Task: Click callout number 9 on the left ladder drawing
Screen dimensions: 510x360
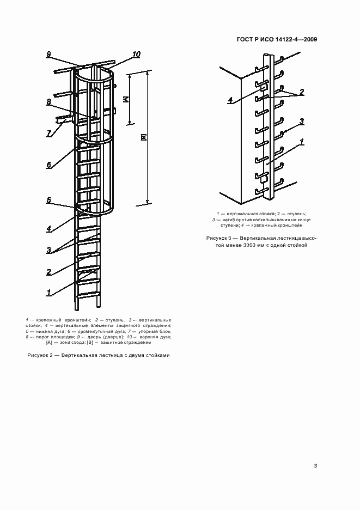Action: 48,54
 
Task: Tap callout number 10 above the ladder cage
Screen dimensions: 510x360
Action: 136,54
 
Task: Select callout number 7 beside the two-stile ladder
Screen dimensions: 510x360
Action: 48,133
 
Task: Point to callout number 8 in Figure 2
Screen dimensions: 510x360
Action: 48,101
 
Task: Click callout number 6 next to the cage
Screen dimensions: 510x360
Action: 48,165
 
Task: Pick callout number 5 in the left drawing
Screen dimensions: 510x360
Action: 48,201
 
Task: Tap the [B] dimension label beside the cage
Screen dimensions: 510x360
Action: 143,139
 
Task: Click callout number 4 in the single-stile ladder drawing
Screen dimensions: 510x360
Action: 230,100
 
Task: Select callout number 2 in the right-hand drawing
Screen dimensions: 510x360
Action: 301,92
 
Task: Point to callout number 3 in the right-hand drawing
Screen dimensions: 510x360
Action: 301,121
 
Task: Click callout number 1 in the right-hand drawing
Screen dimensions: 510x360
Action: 301,141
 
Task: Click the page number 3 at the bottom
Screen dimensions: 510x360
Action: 315,466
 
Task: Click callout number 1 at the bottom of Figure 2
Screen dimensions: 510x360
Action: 48,293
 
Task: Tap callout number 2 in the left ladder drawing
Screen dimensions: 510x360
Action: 48,272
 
